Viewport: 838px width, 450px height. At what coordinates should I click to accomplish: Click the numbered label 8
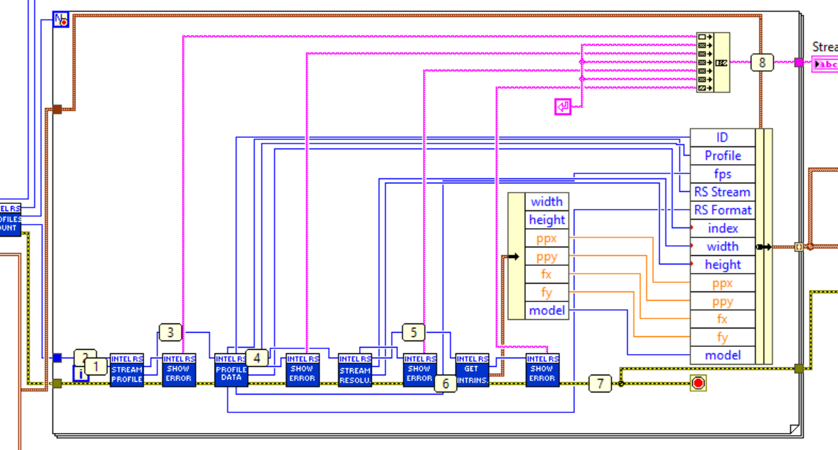[x=762, y=63]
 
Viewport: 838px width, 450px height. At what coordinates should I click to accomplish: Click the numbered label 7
[x=600, y=384]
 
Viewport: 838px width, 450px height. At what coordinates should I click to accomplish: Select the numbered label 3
[x=171, y=332]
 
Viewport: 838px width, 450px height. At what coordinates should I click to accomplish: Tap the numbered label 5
[x=414, y=332]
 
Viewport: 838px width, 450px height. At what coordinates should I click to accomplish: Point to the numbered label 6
[x=446, y=384]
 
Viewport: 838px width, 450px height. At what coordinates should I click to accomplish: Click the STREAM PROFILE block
[x=127, y=370]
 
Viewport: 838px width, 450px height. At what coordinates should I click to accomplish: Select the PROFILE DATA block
[x=231, y=370]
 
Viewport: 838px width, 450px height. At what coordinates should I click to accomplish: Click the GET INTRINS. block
[x=472, y=370]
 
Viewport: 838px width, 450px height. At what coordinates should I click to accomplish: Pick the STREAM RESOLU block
[x=355, y=370]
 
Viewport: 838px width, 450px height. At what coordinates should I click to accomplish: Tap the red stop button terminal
[x=698, y=384]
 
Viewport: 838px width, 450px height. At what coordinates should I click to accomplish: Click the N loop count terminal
[x=61, y=21]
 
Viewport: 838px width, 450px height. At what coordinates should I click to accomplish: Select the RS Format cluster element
[x=722, y=210]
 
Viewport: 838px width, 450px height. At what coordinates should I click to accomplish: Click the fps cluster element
[x=722, y=174]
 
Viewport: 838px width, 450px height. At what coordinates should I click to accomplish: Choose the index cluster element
[x=722, y=228]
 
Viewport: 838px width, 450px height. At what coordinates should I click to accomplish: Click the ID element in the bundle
[x=722, y=138]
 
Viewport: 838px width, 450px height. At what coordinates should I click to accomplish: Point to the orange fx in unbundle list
[x=547, y=274]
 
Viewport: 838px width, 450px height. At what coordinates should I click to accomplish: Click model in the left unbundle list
[x=547, y=310]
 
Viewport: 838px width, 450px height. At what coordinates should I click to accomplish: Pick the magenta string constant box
[x=563, y=107]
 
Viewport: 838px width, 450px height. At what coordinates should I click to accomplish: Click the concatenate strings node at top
[x=713, y=63]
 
